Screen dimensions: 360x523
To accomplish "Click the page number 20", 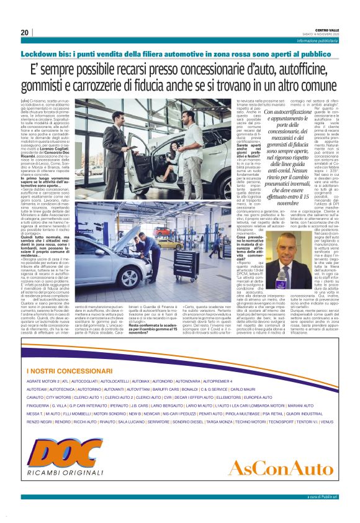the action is pos(24,32).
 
